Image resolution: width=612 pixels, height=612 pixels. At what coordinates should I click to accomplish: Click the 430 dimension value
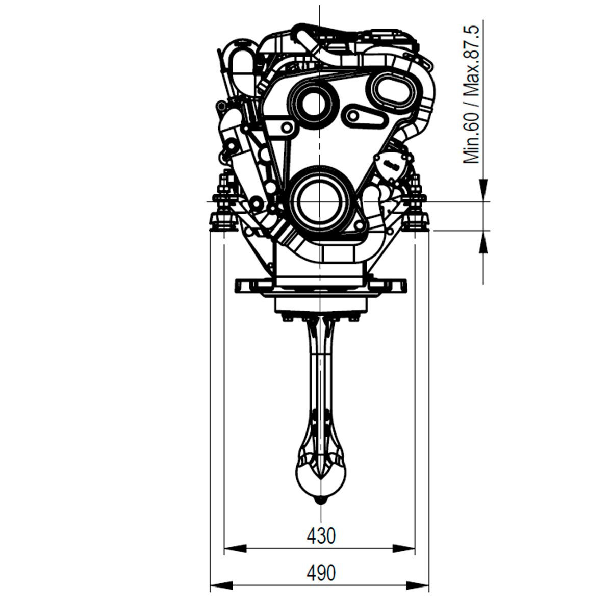pyautogui.click(x=321, y=536)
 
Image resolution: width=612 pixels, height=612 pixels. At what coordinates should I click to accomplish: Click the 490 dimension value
pyautogui.click(x=321, y=573)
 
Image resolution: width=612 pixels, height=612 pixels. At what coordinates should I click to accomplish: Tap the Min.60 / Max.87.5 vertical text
pyautogui.click(x=471, y=95)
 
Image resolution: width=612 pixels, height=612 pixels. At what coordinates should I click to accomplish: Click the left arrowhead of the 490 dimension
pyautogui.click(x=222, y=585)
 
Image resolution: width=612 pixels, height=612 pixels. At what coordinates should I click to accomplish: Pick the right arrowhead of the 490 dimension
pyautogui.click(x=418, y=585)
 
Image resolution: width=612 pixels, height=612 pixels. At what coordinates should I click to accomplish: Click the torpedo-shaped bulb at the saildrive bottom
pyautogui.click(x=321, y=479)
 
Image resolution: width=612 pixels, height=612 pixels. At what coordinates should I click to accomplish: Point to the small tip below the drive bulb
pyautogui.click(x=321, y=502)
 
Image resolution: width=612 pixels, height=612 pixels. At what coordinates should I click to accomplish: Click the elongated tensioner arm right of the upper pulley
pyautogui.click(x=365, y=117)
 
